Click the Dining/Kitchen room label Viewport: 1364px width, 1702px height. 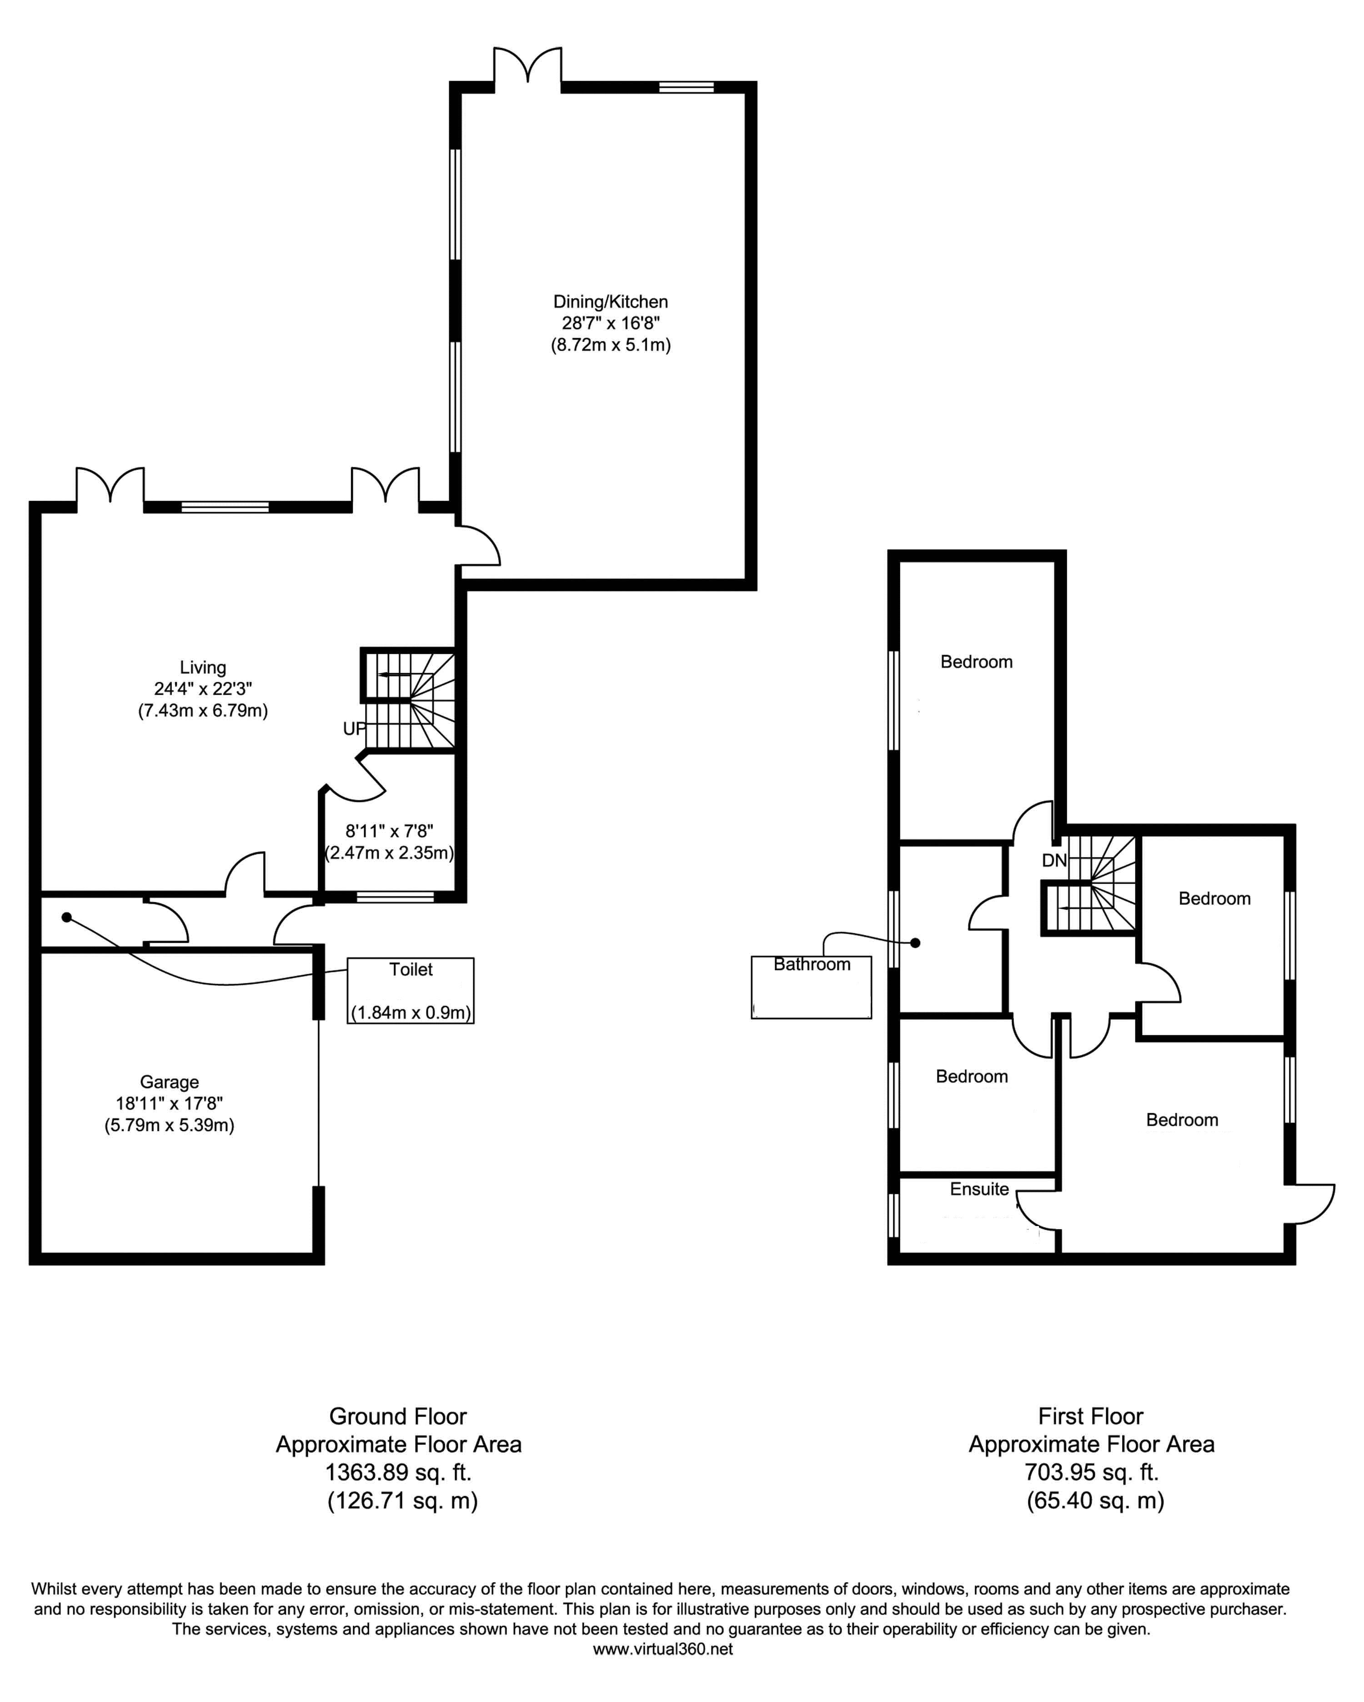point(610,301)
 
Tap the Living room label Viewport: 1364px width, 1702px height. point(203,668)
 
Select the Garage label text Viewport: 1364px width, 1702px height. point(169,1082)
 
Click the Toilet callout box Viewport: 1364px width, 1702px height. point(411,991)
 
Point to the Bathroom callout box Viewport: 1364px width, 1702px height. point(812,987)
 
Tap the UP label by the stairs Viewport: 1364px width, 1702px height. point(355,729)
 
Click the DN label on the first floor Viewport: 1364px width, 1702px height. point(1054,861)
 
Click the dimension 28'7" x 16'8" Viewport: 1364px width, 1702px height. point(610,323)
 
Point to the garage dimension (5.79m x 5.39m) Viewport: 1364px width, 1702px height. point(169,1125)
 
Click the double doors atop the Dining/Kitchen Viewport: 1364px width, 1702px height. point(528,67)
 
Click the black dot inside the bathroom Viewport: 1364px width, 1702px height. point(916,942)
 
